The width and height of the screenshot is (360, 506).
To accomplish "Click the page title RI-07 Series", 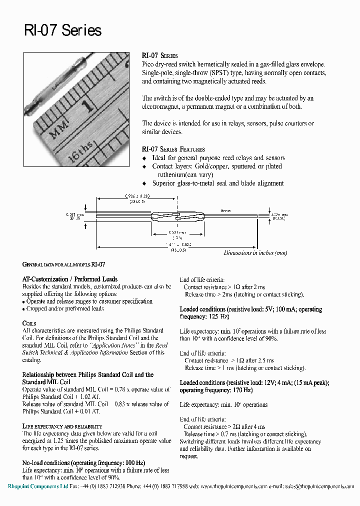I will pyautogui.click(x=62, y=30).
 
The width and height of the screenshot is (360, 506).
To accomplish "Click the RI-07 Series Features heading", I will pyautogui.click(x=173, y=149).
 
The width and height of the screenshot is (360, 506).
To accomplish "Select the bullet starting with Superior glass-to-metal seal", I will pyautogui.click(x=217, y=183).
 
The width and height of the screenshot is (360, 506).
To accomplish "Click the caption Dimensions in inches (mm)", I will pyautogui.click(x=255, y=253).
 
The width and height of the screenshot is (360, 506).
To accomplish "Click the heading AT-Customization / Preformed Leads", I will pyautogui.click(x=70, y=279).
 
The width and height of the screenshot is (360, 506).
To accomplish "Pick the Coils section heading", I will pyautogui.click(x=29, y=323).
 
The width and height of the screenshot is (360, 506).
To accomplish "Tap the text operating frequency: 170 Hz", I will pyautogui.click(x=216, y=390).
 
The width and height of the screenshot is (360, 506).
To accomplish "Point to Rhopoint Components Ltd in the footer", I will pyautogui.click(x=37, y=486).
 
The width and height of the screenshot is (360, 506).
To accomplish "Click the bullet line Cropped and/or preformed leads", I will pyautogui.click(x=65, y=308).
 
